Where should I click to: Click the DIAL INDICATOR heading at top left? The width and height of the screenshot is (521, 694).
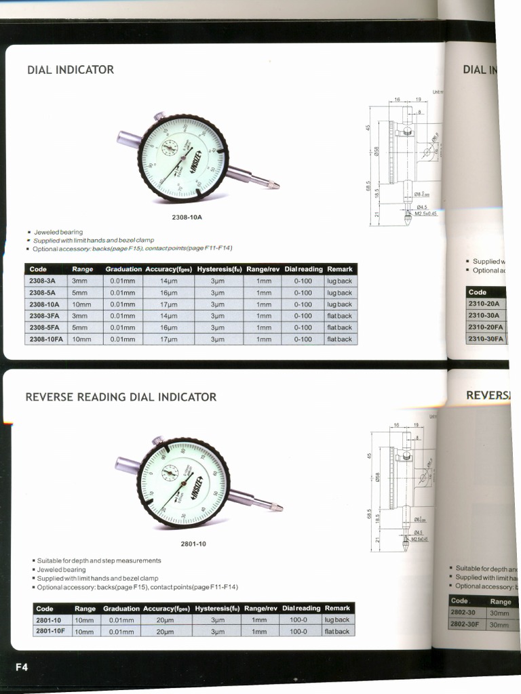pos(70,70)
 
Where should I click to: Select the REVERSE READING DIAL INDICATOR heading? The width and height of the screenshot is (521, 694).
pos(121,397)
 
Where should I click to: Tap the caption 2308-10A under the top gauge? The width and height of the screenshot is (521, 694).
pos(187,218)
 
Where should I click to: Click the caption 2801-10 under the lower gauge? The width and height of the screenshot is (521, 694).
pos(193,544)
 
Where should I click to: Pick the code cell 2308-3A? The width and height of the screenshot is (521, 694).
pos(43,281)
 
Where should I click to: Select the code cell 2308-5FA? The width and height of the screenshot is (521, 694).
pos(45,327)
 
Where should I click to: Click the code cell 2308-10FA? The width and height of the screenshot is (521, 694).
pos(47,339)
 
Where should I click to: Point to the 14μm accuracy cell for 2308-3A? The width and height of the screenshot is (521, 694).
pos(168,281)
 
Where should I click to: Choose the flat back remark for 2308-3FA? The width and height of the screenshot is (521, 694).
pos(339,316)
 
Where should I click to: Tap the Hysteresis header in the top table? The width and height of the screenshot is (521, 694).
pos(219,269)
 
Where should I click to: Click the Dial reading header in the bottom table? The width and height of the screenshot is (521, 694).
pos(301,609)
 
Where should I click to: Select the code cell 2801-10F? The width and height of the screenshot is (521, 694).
pos(50,632)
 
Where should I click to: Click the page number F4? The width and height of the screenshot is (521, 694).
pos(21,667)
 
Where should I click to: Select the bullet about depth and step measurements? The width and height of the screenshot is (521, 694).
pos(99,560)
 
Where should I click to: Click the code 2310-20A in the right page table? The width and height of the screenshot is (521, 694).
pos(484,304)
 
